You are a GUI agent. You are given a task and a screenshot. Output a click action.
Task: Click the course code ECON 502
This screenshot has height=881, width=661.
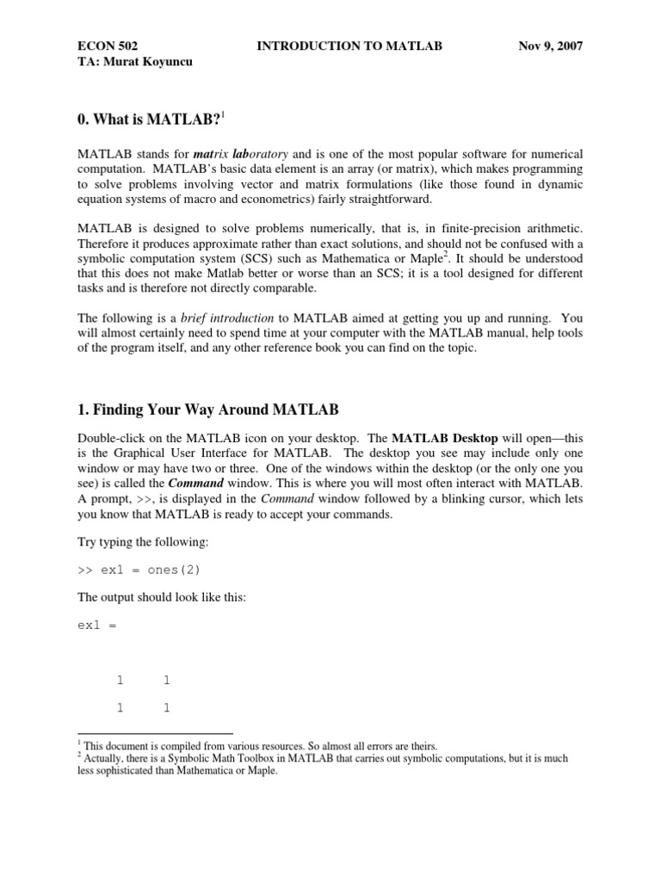[x=107, y=46]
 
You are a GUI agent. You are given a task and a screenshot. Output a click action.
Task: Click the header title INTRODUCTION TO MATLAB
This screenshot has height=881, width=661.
[x=349, y=46]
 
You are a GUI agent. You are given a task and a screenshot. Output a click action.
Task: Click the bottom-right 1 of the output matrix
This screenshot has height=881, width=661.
[x=166, y=708]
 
